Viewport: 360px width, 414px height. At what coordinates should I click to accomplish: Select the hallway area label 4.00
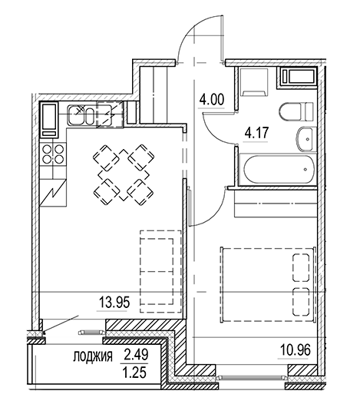(211, 99)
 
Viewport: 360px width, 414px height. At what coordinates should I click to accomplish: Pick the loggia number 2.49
(134, 355)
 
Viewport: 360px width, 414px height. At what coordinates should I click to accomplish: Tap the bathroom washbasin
(303, 140)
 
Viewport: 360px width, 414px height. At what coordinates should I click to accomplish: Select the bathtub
(276, 168)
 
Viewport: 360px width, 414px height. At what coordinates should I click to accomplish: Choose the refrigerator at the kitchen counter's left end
(48, 118)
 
